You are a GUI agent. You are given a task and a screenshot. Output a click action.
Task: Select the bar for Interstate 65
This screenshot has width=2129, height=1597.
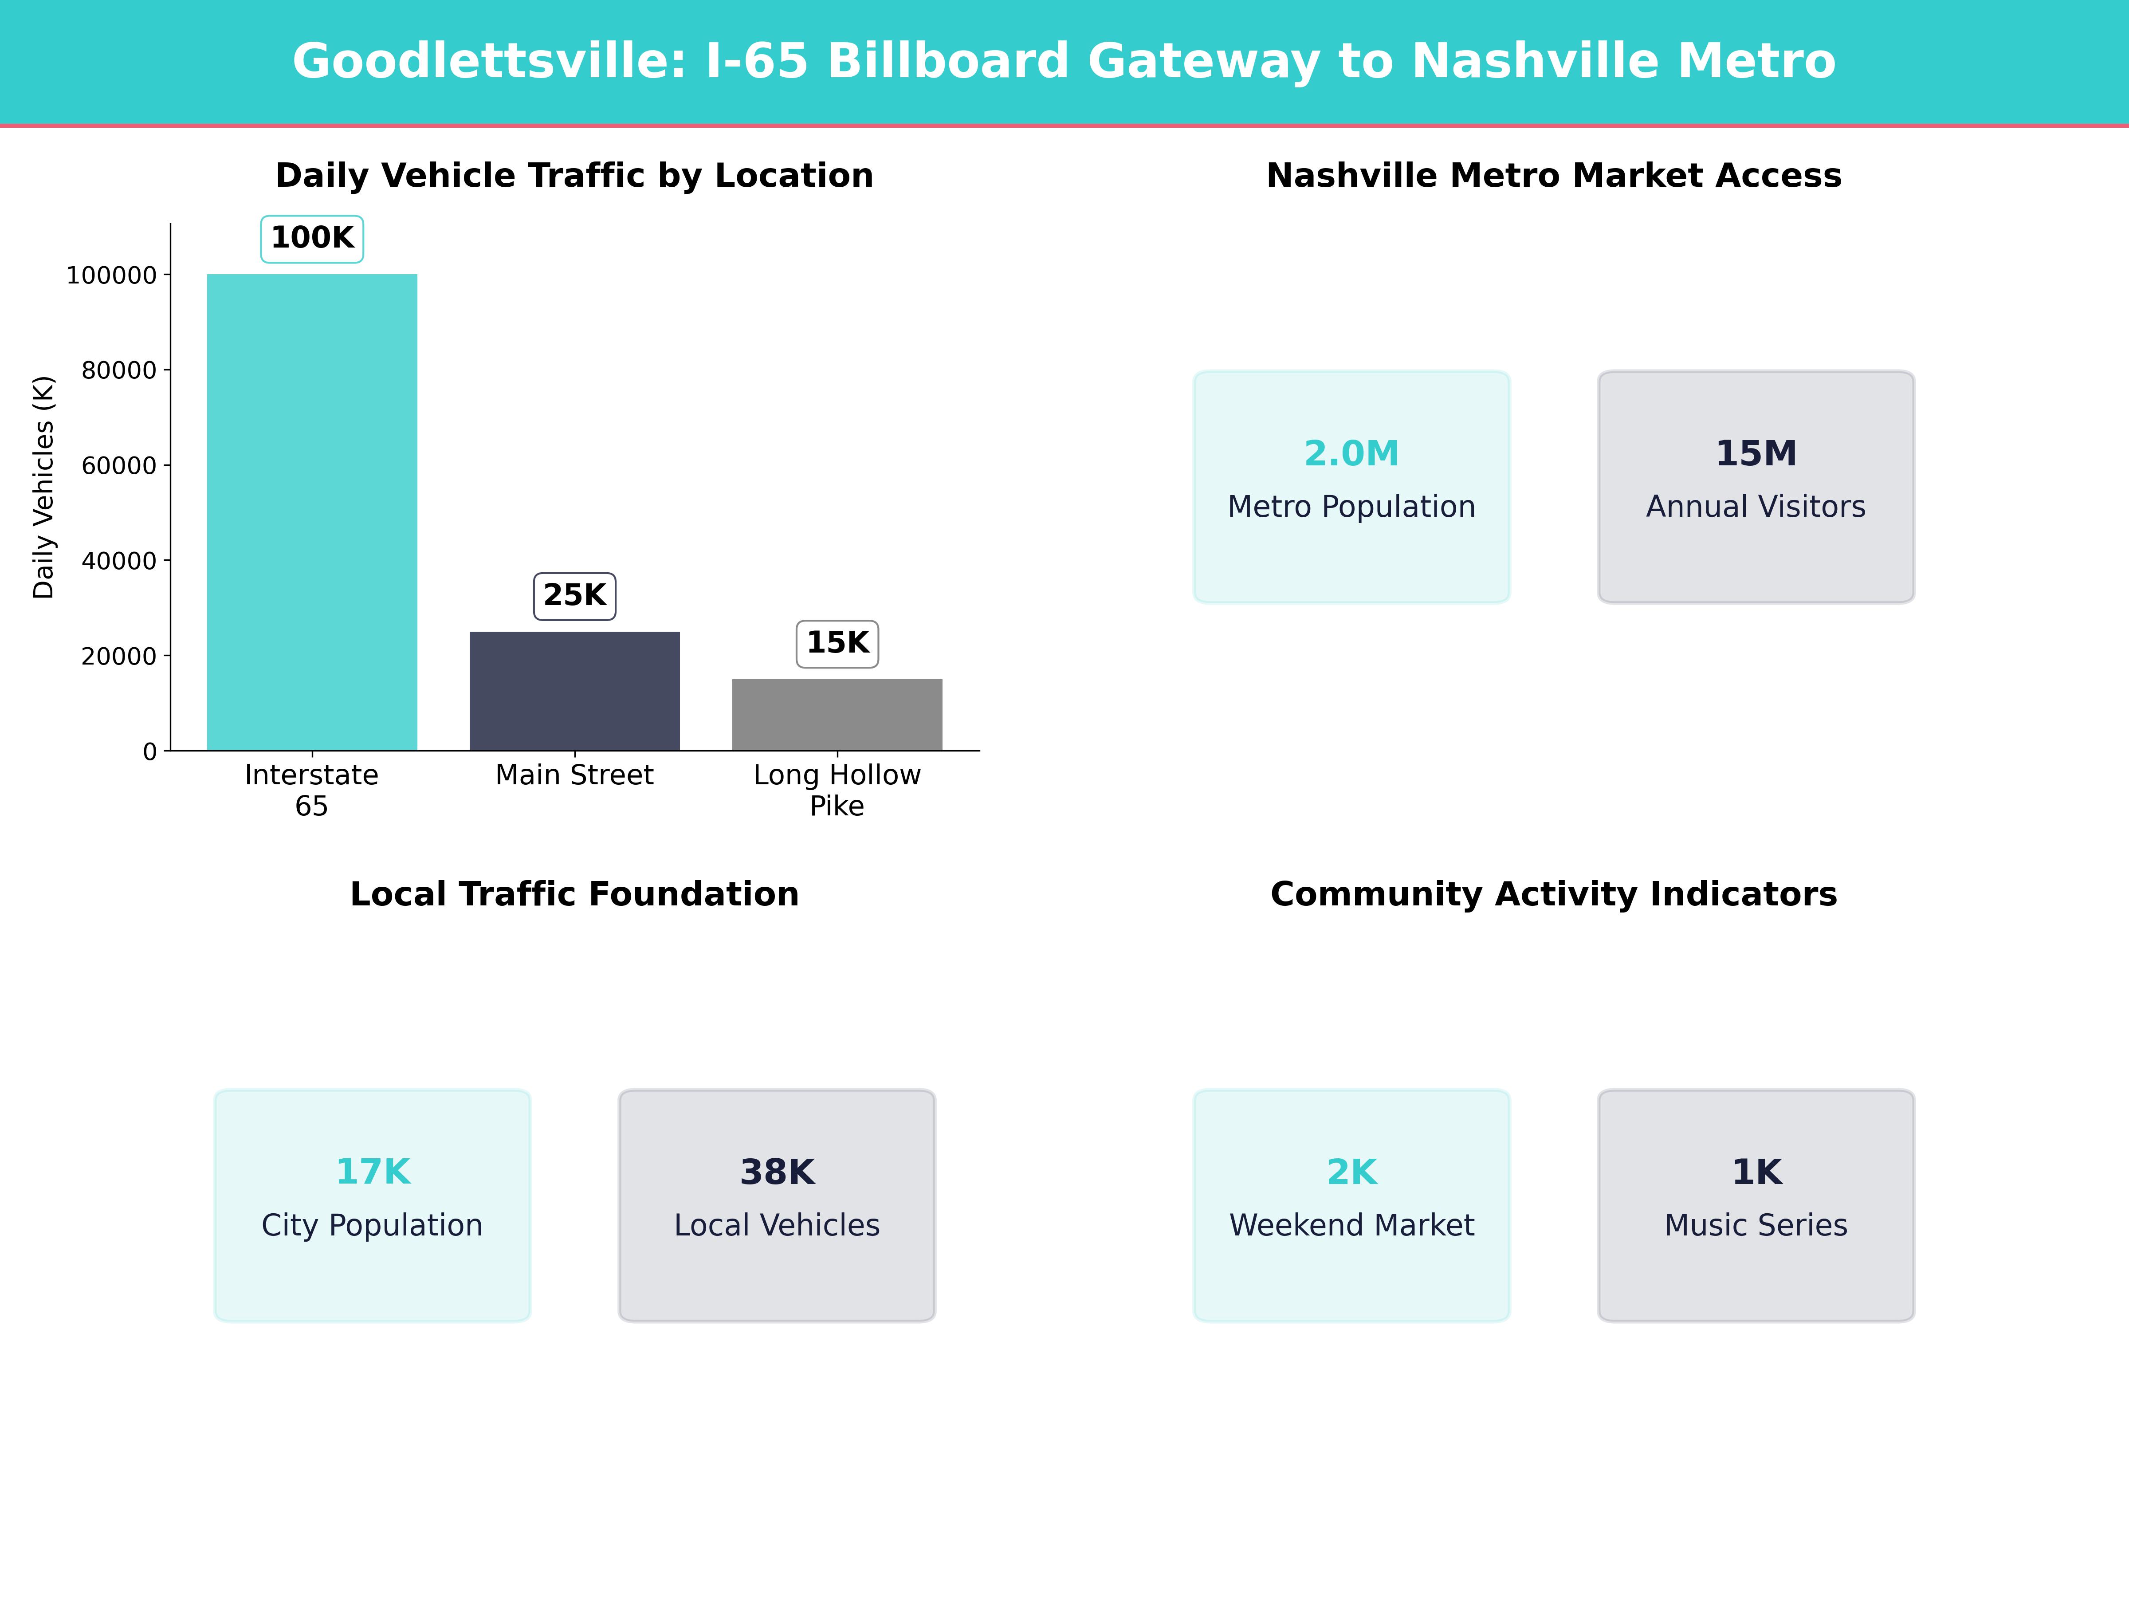coord(312,512)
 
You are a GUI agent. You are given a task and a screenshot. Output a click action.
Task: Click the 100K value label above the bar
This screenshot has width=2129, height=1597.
coord(312,238)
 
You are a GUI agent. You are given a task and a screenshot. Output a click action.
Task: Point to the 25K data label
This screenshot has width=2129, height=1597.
coord(574,596)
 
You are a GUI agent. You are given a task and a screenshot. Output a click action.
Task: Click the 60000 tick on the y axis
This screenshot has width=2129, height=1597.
coord(118,466)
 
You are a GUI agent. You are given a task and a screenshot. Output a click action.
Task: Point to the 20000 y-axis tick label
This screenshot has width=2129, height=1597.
coord(118,657)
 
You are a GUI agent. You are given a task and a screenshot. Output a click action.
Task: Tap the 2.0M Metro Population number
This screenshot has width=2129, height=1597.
coord(1351,453)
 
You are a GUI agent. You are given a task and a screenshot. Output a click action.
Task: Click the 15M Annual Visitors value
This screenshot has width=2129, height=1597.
coord(1756,453)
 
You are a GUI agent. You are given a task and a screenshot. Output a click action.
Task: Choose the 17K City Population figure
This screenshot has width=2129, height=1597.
coord(373,1172)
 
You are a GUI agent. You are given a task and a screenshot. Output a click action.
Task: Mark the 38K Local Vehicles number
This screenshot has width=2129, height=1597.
coord(777,1172)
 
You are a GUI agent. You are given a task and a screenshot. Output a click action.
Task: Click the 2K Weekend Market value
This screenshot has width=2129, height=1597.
coord(1351,1172)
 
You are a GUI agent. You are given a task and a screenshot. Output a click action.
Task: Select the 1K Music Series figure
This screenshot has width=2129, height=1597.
coord(1756,1172)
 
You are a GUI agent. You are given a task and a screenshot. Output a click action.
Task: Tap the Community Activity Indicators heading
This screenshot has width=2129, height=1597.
coord(1553,894)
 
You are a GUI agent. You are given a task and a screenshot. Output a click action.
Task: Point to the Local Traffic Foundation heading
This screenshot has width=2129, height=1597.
coord(574,894)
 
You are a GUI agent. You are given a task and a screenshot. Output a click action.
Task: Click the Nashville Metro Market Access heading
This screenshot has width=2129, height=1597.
coord(1553,176)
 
